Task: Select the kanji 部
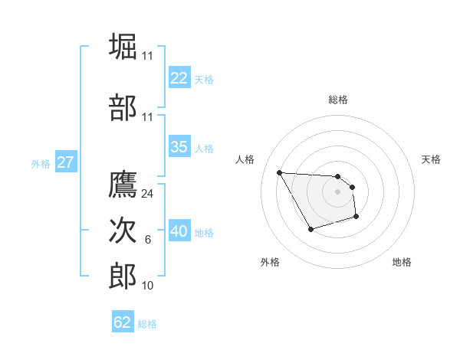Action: (x=123, y=107)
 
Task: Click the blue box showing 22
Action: (x=179, y=77)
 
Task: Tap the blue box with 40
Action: (x=179, y=231)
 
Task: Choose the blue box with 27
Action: (x=65, y=162)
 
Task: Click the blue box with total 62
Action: (x=123, y=322)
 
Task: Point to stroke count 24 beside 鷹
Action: (x=148, y=194)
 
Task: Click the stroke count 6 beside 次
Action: (x=148, y=241)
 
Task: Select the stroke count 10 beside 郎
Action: (x=148, y=285)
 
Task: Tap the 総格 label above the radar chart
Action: (x=338, y=100)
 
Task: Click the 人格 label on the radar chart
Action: (x=245, y=159)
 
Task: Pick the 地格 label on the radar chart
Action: (x=402, y=262)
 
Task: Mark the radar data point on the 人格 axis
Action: (x=279, y=172)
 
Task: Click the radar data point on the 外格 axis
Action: (x=310, y=229)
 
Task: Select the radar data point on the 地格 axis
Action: (x=357, y=218)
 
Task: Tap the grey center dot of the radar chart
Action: (x=338, y=191)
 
